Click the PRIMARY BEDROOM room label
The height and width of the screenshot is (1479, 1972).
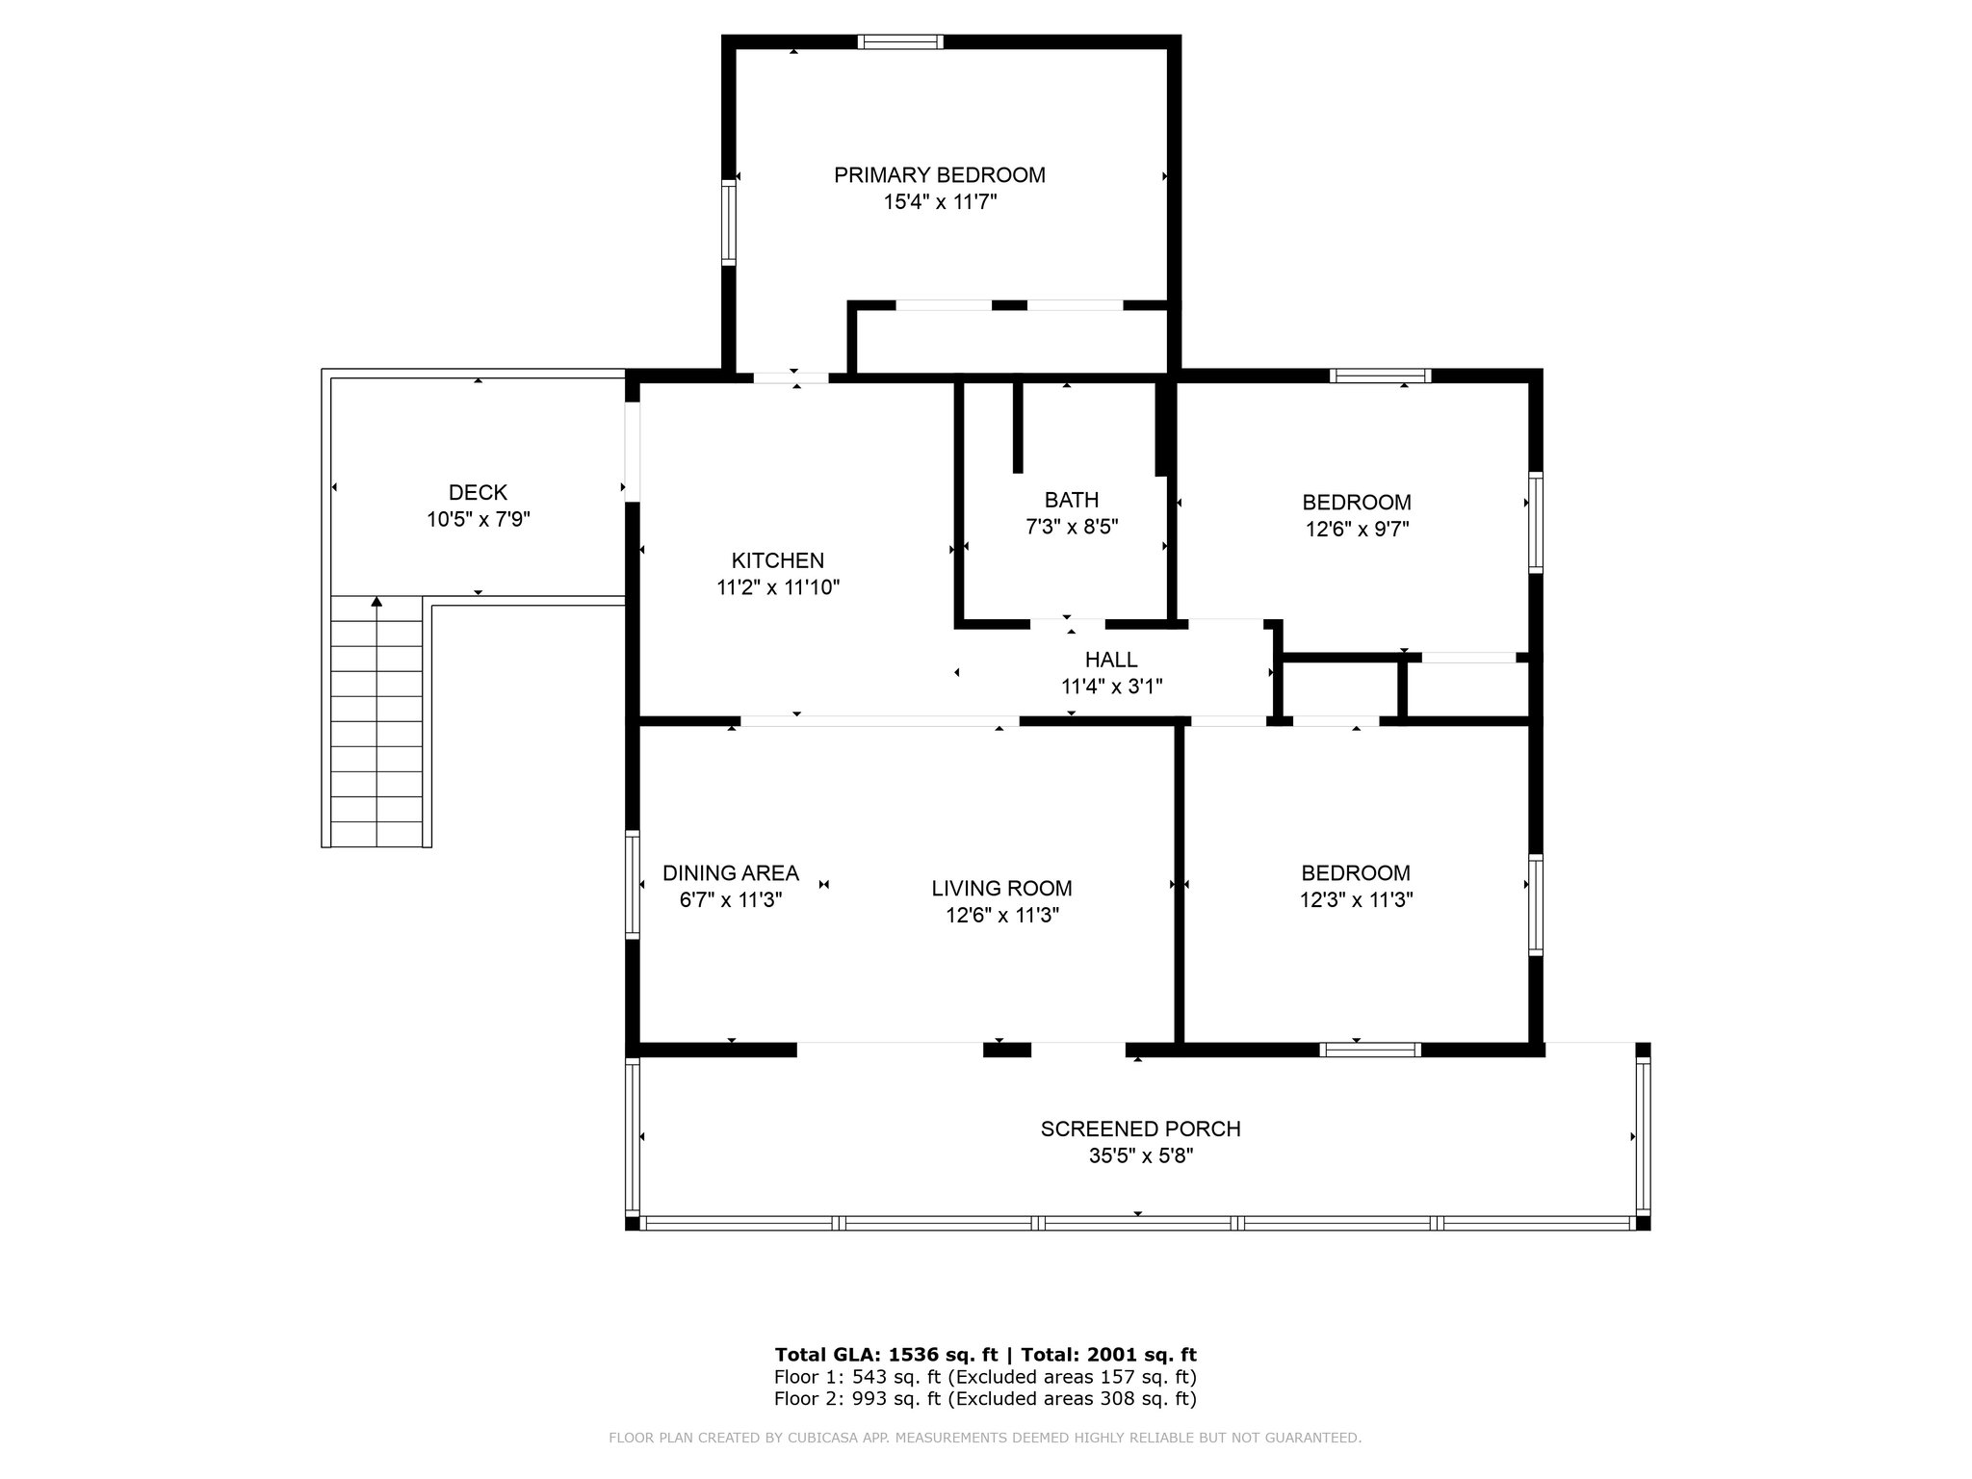tap(939, 175)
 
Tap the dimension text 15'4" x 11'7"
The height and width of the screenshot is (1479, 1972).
tap(940, 202)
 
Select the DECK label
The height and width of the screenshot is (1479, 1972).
tap(479, 493)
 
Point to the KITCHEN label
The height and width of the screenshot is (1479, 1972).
tap(778, 560)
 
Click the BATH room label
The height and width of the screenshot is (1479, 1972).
tap(1072, 500)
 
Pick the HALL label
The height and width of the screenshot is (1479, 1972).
tap(1111, 660)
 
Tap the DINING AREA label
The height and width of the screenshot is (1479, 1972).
tap(731, 873)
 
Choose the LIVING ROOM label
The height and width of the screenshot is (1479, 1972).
tap(1001, 889)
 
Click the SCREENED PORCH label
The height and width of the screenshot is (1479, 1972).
tap(1140, 1129)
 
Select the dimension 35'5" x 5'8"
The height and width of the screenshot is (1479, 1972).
tap(1141, 1155)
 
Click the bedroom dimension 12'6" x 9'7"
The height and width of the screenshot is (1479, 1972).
tap(1357, 529)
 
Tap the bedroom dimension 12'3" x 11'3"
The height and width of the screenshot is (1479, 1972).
tap(1356, 900)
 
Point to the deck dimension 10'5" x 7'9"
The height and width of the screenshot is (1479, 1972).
tap(479, 520)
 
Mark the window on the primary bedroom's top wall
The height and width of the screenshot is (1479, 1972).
tap(900, 41)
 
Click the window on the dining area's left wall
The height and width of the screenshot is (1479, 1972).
tap(633, 885)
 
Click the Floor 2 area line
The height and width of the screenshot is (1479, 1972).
tap(985, 1399)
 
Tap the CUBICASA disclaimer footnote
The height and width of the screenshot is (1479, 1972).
tap(985, 1439)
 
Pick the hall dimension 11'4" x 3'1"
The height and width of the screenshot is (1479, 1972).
tap(1111, 687)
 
